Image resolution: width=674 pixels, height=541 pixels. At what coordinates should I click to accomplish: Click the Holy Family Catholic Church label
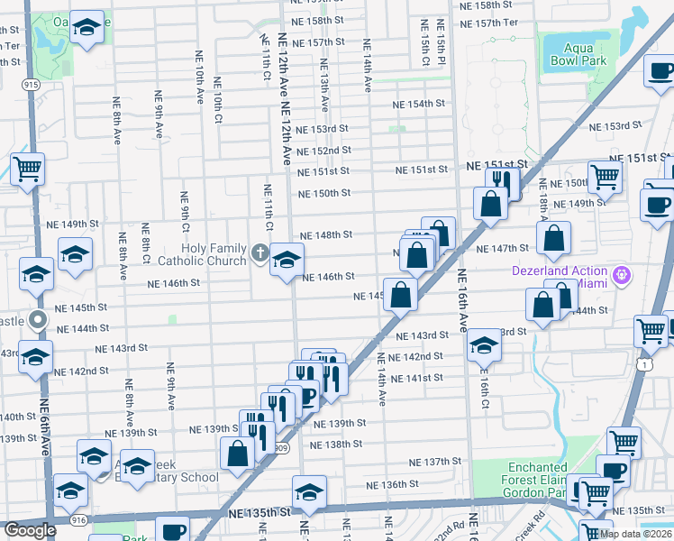point(214,254)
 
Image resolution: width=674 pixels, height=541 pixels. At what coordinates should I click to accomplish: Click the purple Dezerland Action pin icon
point(620,274)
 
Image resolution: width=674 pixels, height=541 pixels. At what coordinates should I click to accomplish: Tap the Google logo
point(30,530)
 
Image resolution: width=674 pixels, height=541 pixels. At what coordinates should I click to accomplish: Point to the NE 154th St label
point(419,105)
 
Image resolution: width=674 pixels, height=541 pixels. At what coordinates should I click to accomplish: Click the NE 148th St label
point(325,234)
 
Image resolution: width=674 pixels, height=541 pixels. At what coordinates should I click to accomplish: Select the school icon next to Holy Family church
point(287,260)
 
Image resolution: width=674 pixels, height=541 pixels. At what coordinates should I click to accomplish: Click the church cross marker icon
point(260,253)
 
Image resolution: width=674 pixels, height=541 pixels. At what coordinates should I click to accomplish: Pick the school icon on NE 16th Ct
point(483,345)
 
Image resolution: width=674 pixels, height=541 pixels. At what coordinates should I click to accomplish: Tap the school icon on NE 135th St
point(308,492)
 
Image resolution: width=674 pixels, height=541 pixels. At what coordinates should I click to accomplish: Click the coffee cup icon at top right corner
point(660,69)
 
